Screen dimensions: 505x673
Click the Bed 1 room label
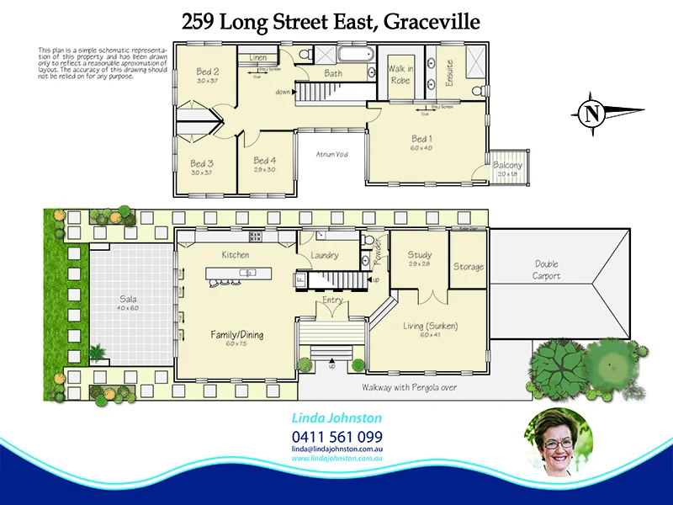421,139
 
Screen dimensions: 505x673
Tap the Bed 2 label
208,72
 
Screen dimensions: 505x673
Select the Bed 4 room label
265,161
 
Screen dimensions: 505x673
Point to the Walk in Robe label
400,75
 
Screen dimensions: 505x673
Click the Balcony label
507,166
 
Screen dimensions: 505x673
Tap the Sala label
128,299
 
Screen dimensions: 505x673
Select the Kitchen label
236,255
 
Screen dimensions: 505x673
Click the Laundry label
324,256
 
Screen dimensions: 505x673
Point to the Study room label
420,255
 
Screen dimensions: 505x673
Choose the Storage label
469,267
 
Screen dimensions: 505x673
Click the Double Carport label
546,271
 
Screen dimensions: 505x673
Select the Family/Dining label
236,334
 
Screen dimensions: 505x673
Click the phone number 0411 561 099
337,437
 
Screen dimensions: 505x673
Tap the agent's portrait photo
558,444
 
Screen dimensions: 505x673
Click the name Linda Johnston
336,418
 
